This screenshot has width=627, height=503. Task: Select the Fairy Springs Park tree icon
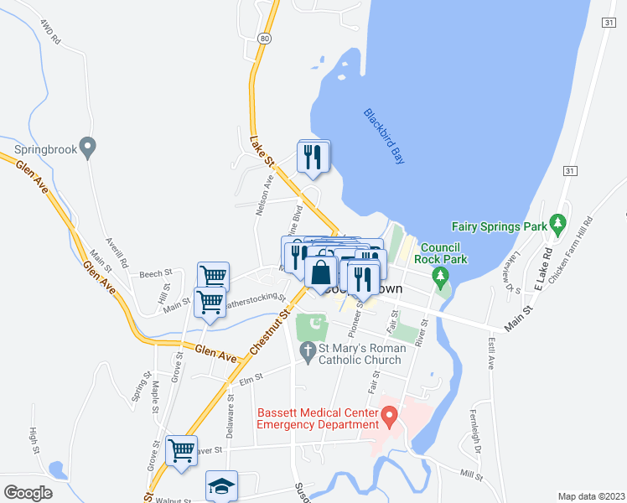556,225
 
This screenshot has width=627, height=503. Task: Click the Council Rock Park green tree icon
436,276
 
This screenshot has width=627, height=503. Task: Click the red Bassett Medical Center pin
389,415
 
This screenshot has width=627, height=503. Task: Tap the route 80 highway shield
265,39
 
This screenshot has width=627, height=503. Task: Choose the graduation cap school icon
221,485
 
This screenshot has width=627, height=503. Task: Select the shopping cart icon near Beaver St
181,451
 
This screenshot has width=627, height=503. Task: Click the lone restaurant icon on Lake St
313,156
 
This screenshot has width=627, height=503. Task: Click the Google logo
27,493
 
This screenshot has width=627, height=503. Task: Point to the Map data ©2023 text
591,496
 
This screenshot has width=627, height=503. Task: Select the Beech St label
155,273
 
